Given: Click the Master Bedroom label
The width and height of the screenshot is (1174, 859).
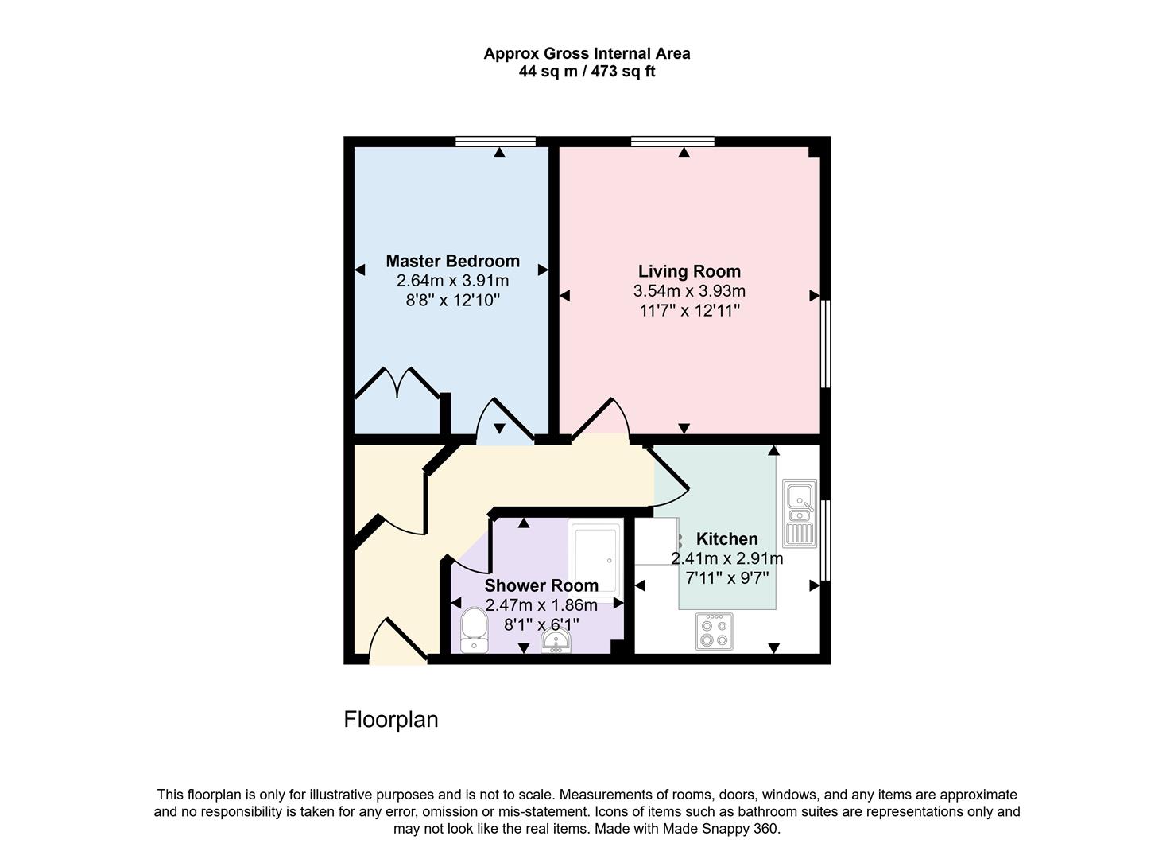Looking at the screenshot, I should [452, 261].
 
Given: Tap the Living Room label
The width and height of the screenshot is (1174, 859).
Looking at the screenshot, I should [689, 271].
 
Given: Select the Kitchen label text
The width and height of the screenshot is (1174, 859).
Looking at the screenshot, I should [726, 538].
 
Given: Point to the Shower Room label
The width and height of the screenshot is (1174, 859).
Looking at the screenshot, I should [541, 585].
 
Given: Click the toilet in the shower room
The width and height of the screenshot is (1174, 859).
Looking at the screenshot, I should [474, 630].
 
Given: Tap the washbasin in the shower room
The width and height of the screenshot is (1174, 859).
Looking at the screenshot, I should [556, 640].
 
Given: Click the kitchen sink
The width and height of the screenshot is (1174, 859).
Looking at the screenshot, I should [799, 513].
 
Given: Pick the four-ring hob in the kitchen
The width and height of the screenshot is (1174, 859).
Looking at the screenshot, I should [714, 632].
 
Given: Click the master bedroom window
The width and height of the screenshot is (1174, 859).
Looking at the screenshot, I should [496, 142].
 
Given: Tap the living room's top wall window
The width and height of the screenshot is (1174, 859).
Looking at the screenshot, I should [672, 142].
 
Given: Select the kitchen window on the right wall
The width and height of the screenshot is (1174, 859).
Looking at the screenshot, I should [825, 540].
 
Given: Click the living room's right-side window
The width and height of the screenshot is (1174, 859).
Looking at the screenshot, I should [825, 344].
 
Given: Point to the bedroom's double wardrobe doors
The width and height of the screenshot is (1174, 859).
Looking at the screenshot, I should [397, 383].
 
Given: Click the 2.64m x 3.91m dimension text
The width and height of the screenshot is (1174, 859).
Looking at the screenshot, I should [452, 281].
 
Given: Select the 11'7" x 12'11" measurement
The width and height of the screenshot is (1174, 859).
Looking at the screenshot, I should [689, 310].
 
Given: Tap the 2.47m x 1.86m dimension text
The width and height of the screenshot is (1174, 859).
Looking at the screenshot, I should [541, 605].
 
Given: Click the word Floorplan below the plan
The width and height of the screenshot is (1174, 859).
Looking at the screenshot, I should [390, 719].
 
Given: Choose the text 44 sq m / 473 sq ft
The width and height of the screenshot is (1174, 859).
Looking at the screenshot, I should [587, 72].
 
